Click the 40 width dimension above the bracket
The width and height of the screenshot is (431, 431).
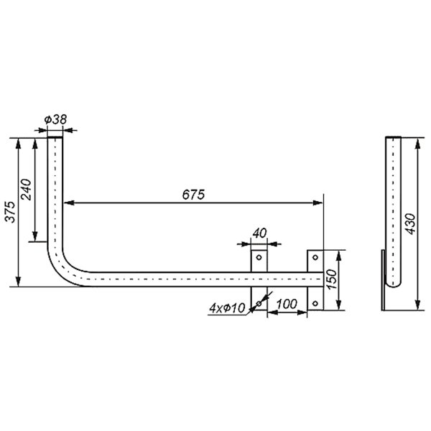pyautogui.click(x=259, y=233)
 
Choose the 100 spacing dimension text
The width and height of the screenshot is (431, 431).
pyautogui.click(x=287, y=305)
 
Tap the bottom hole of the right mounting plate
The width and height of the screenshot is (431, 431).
pyautogui.click(x=315, y=305)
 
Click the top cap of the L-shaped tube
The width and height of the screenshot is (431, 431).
pyautogui.click(x=55, y=139)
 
